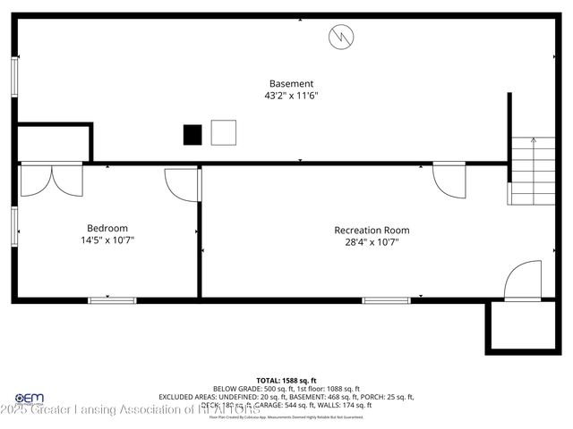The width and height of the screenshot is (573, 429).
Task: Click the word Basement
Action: (291, 83)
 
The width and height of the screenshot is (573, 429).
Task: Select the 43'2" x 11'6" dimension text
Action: (291, 96)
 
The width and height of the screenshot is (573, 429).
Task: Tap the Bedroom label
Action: (107, 228)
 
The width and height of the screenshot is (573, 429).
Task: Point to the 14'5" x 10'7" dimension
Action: (107, 240)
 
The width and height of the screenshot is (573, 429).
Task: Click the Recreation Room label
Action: (372, 230)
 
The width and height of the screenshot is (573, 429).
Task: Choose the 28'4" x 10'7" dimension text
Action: (372, 241)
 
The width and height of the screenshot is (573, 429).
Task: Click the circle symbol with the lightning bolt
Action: (341, 37)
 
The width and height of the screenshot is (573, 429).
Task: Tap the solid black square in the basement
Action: (192, 134)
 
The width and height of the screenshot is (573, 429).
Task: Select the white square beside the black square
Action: (223, 132)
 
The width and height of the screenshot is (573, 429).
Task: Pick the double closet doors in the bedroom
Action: (51, 180)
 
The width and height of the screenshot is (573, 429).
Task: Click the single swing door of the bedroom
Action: (183, 184)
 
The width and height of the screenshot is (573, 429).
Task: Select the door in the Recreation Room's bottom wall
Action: (523, 281)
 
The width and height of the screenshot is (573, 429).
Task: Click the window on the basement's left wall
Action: (14, 77)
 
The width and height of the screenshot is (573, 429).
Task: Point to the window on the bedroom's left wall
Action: (14, 225)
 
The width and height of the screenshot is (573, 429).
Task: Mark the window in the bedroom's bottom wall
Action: (112, 299)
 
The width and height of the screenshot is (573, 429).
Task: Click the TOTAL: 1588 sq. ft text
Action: (286, 380)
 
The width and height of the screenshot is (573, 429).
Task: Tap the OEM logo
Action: (30, 399)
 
